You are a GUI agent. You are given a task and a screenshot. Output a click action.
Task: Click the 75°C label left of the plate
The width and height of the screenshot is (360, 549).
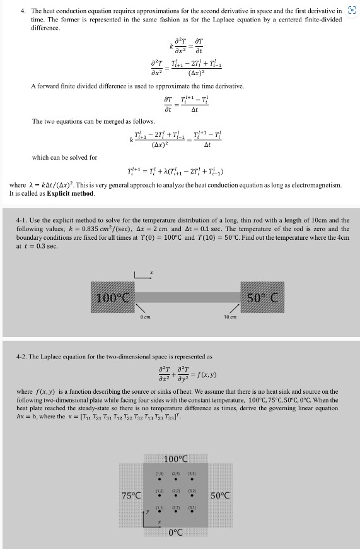(x=131, y=495)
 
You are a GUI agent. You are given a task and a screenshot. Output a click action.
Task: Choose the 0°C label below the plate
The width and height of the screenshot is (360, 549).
(x=177, y=533)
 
